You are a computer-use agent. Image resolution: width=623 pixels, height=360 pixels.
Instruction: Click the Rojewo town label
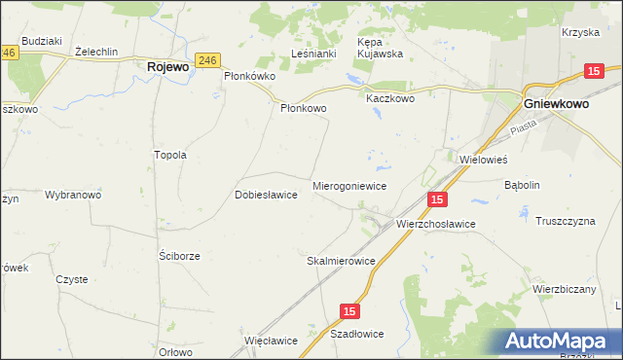(167, 68)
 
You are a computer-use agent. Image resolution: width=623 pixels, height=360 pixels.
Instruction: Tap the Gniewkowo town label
(564, 102)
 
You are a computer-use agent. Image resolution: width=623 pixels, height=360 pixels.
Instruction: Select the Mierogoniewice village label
(350, 185)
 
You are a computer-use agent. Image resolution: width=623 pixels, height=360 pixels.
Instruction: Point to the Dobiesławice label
(266, 195)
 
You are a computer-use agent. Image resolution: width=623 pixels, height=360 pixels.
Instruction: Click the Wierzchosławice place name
(435, 224)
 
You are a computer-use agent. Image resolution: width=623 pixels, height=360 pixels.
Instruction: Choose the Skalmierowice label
(341, 262)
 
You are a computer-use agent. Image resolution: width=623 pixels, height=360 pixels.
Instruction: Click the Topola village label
(170, 155)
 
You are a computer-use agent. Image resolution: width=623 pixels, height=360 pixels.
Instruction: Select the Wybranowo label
(73, 195)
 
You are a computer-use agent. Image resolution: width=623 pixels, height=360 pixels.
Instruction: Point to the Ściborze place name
(179, 256)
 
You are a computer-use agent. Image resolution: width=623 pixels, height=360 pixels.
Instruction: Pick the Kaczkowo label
(390, 98)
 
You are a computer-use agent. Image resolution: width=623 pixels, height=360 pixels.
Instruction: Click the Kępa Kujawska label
(383, 49)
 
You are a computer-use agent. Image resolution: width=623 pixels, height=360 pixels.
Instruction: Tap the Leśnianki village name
(314, 54)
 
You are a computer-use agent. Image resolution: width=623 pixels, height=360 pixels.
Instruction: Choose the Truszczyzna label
(565, 221)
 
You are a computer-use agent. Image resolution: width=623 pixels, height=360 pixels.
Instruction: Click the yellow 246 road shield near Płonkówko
(205, 59)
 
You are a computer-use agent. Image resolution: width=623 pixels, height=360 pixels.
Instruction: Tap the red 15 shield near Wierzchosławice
(437, 199)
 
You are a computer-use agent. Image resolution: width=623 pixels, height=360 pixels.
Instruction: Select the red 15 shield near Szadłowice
(350, 310)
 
